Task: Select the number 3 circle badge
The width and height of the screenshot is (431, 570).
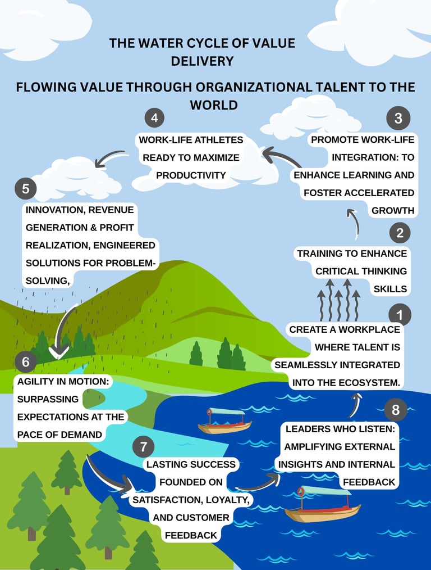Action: click(398, 119)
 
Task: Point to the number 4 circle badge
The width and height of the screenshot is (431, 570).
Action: click(154, 119)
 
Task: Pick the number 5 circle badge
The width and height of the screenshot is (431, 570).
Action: click(26, 189)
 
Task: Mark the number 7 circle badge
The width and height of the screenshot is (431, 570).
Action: click(144, 447)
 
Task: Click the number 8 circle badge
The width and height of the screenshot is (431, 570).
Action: click(396, 410)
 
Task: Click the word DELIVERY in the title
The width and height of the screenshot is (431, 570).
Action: click(202, 61)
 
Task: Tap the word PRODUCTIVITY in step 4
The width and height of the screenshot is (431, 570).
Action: click(191, 175)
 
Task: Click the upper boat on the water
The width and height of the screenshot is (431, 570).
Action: click(224, 421)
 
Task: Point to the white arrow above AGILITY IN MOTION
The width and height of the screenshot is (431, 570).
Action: click(64, 332)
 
